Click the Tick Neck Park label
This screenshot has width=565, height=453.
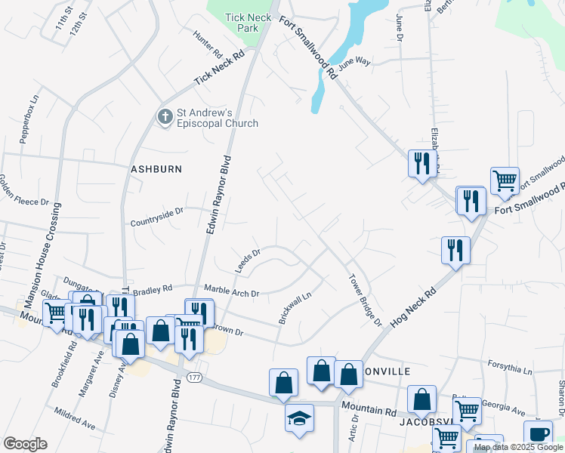click(242, 23)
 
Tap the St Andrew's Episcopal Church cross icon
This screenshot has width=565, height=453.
click(164, 117)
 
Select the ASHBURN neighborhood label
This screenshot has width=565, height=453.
click(157, 169)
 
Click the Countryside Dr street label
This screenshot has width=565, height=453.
click(157, 217)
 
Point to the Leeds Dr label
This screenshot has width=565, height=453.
click(247, 260)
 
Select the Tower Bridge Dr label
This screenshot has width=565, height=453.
click(365, 300)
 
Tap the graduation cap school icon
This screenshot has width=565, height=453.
click(299, 418)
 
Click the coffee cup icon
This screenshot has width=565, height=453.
click(538, 434)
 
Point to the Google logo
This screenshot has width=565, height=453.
click(25, 444)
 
